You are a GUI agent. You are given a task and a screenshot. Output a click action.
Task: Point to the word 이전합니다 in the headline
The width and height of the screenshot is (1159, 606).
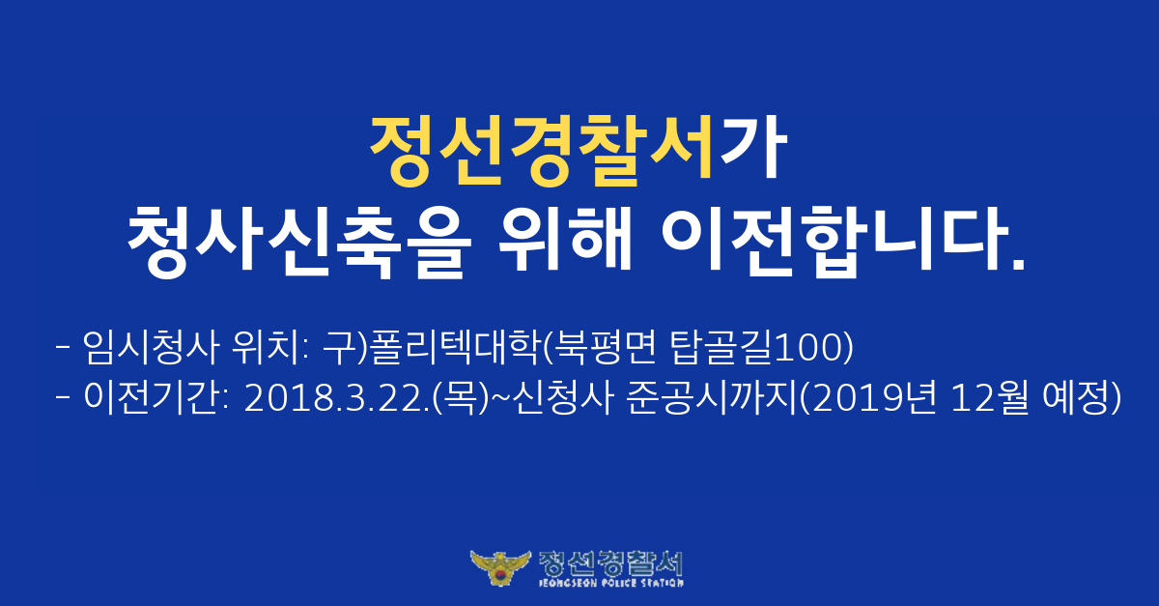pyautogui.click(x=834, y=242)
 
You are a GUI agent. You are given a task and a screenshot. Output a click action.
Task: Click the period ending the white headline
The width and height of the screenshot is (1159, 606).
pyautogui.click(x=1018, y=262)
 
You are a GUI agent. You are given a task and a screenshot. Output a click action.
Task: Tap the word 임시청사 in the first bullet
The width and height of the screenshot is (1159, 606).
pyautogui.click(x=151, y=347)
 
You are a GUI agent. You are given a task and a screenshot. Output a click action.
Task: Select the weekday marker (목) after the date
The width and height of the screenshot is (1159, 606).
pyautogui.click(x=459, y=398)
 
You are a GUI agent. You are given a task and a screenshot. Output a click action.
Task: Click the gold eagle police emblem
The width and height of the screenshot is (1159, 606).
pyautogui.click(x=500, y=567)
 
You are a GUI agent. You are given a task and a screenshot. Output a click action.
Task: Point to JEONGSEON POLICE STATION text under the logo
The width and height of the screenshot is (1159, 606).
pyautogui.click(x=611, y=583)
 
